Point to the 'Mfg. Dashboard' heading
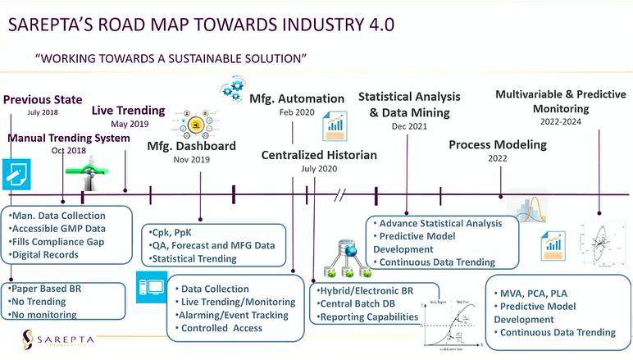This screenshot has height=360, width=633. [191, 146]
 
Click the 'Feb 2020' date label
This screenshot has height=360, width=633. [296, 112]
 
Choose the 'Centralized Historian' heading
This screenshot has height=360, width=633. [319, 154]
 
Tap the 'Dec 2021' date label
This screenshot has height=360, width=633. [408, 126]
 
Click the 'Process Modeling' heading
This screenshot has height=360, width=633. [497, 145]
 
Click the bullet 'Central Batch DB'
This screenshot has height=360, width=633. [360, 303]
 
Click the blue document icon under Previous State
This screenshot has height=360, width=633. [16, 174]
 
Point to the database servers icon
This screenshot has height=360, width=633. [344, 257]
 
